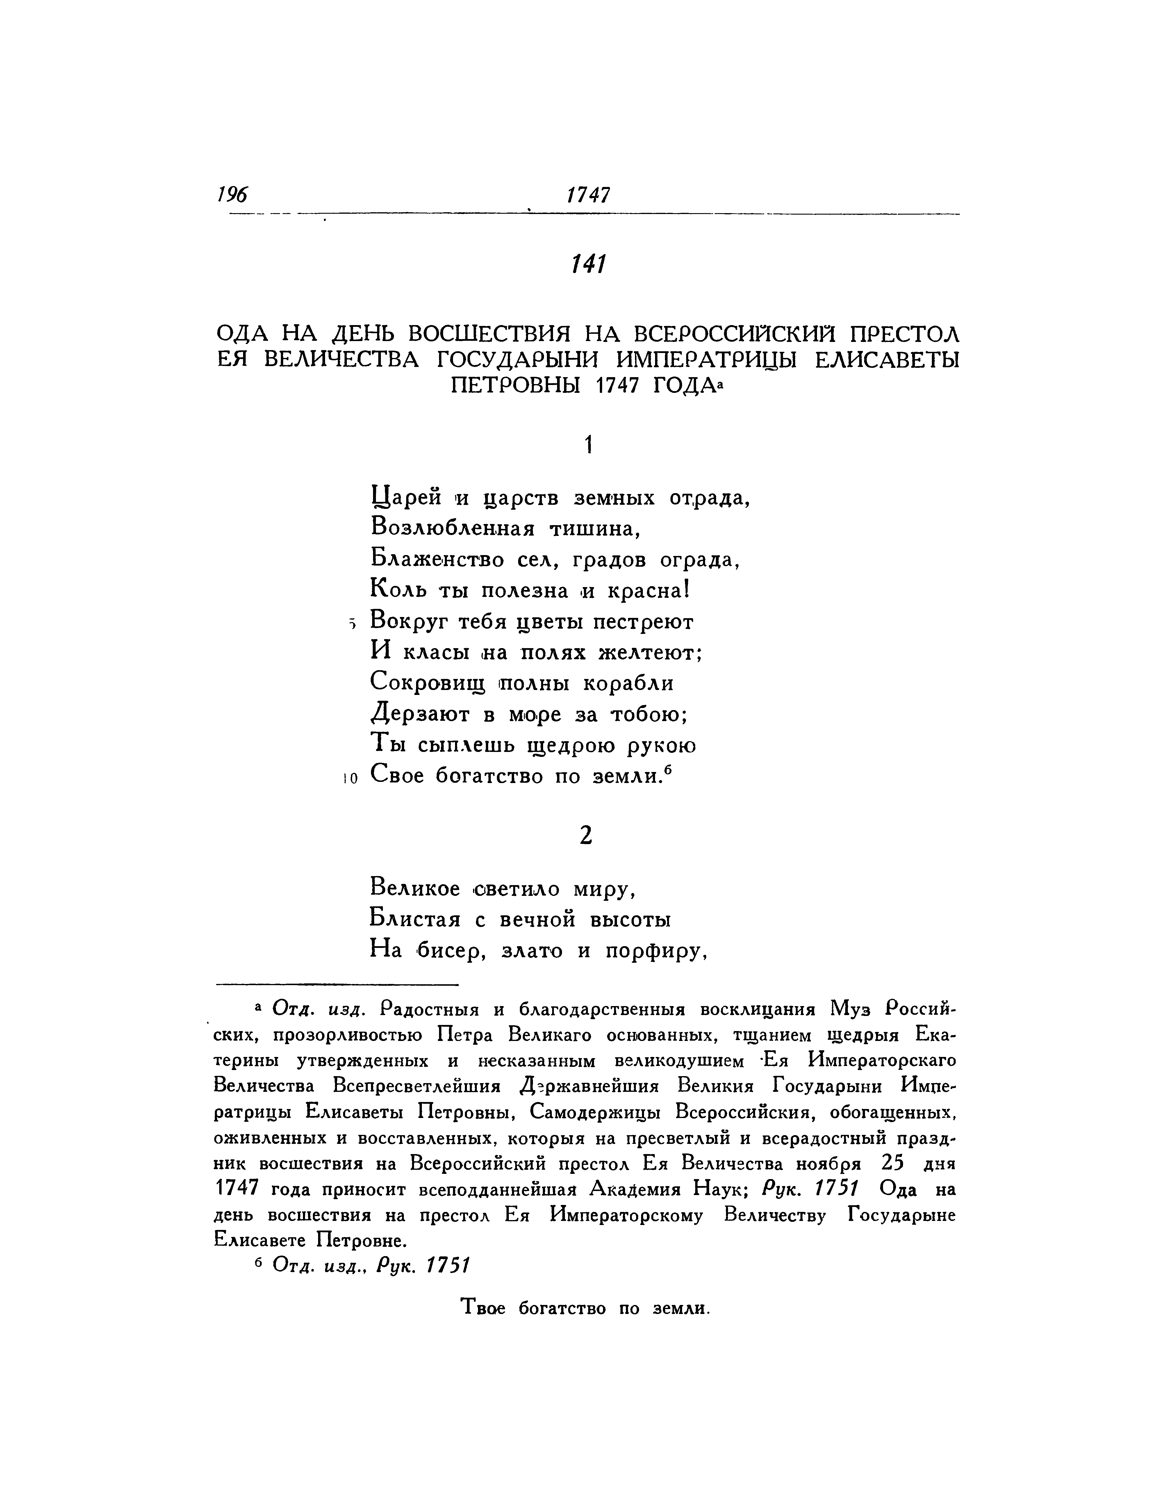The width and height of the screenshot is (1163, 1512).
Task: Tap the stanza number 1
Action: (588, 446)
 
